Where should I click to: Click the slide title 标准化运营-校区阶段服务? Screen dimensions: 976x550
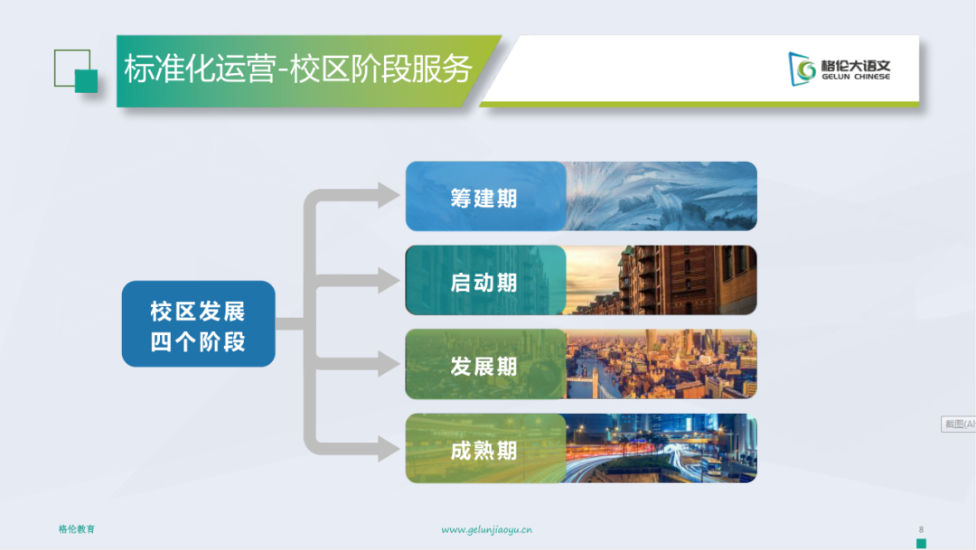point(298,69)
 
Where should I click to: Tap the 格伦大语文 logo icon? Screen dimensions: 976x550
point(802,69)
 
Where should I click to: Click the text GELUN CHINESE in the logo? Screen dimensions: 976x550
point(856,77)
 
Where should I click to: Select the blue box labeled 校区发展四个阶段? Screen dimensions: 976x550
point(199,323)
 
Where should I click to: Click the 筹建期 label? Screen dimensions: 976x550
point(484,199)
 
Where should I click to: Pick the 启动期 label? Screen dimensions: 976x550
point(484,283)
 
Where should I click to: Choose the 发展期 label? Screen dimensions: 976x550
point(484,367)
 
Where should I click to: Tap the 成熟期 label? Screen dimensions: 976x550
point(484,451)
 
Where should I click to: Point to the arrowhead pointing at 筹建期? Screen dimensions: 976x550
point(389,195)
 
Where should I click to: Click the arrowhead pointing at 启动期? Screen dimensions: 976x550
point(389,280)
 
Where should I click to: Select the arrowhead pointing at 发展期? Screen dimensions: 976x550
point(389,364)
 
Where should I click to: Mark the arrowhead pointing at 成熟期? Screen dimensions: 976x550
point(389,448)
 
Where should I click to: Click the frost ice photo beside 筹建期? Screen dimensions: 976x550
point(662,196)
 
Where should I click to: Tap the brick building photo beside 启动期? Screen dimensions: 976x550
point(662,280)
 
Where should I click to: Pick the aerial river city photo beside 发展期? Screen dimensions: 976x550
point(662,364)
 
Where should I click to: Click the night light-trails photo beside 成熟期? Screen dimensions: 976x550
point(662,448)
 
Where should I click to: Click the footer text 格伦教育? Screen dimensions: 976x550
point(77,529)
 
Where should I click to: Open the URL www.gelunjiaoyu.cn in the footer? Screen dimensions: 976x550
point(487,530)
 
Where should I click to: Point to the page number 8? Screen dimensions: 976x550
point(921,529)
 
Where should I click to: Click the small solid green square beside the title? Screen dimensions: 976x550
point(87,81)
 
